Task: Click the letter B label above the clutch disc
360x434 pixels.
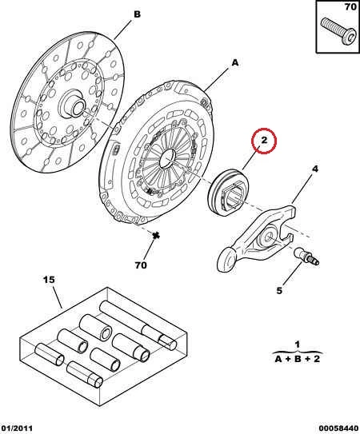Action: pyautogui.click(x=138, y=14)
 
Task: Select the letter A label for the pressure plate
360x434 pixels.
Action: pyautogui.click(x=235, y=63)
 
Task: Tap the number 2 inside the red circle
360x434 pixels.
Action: pyautogui.click(x=264, y=140)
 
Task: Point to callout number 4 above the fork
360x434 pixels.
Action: pyautogui.click(x=315, y=169)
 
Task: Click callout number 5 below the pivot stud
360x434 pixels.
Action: pyautogui.click(x=279, y=291)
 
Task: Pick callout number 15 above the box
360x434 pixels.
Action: pyautogui.click(x=49, y=280)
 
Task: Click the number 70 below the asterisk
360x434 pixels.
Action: pyautogui.click(x=141, y=265)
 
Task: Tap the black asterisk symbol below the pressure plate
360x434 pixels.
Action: pyautogui.click(x=156, y=236)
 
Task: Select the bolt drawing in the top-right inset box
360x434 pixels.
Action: pyautogui.click(x=338, y=31)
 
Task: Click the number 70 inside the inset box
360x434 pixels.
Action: pyautogui.click(x=350, y=6)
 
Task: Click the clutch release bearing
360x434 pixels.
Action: pyautogui.click(x=228, y=192)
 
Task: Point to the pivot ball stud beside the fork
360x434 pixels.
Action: pyautogui.click(x=306, y=256)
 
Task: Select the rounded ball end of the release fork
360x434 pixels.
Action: pyautogui.click(x=226, y=259)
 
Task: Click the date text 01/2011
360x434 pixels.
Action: pyautogui.click(x=17, y=428)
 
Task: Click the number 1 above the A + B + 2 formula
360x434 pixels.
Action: pyautogui.click(x=298, y=344)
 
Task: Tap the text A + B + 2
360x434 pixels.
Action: pyautogui.click(x=298, y=359)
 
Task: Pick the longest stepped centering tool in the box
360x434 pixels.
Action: pyautogui.click(x=138, y=325)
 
